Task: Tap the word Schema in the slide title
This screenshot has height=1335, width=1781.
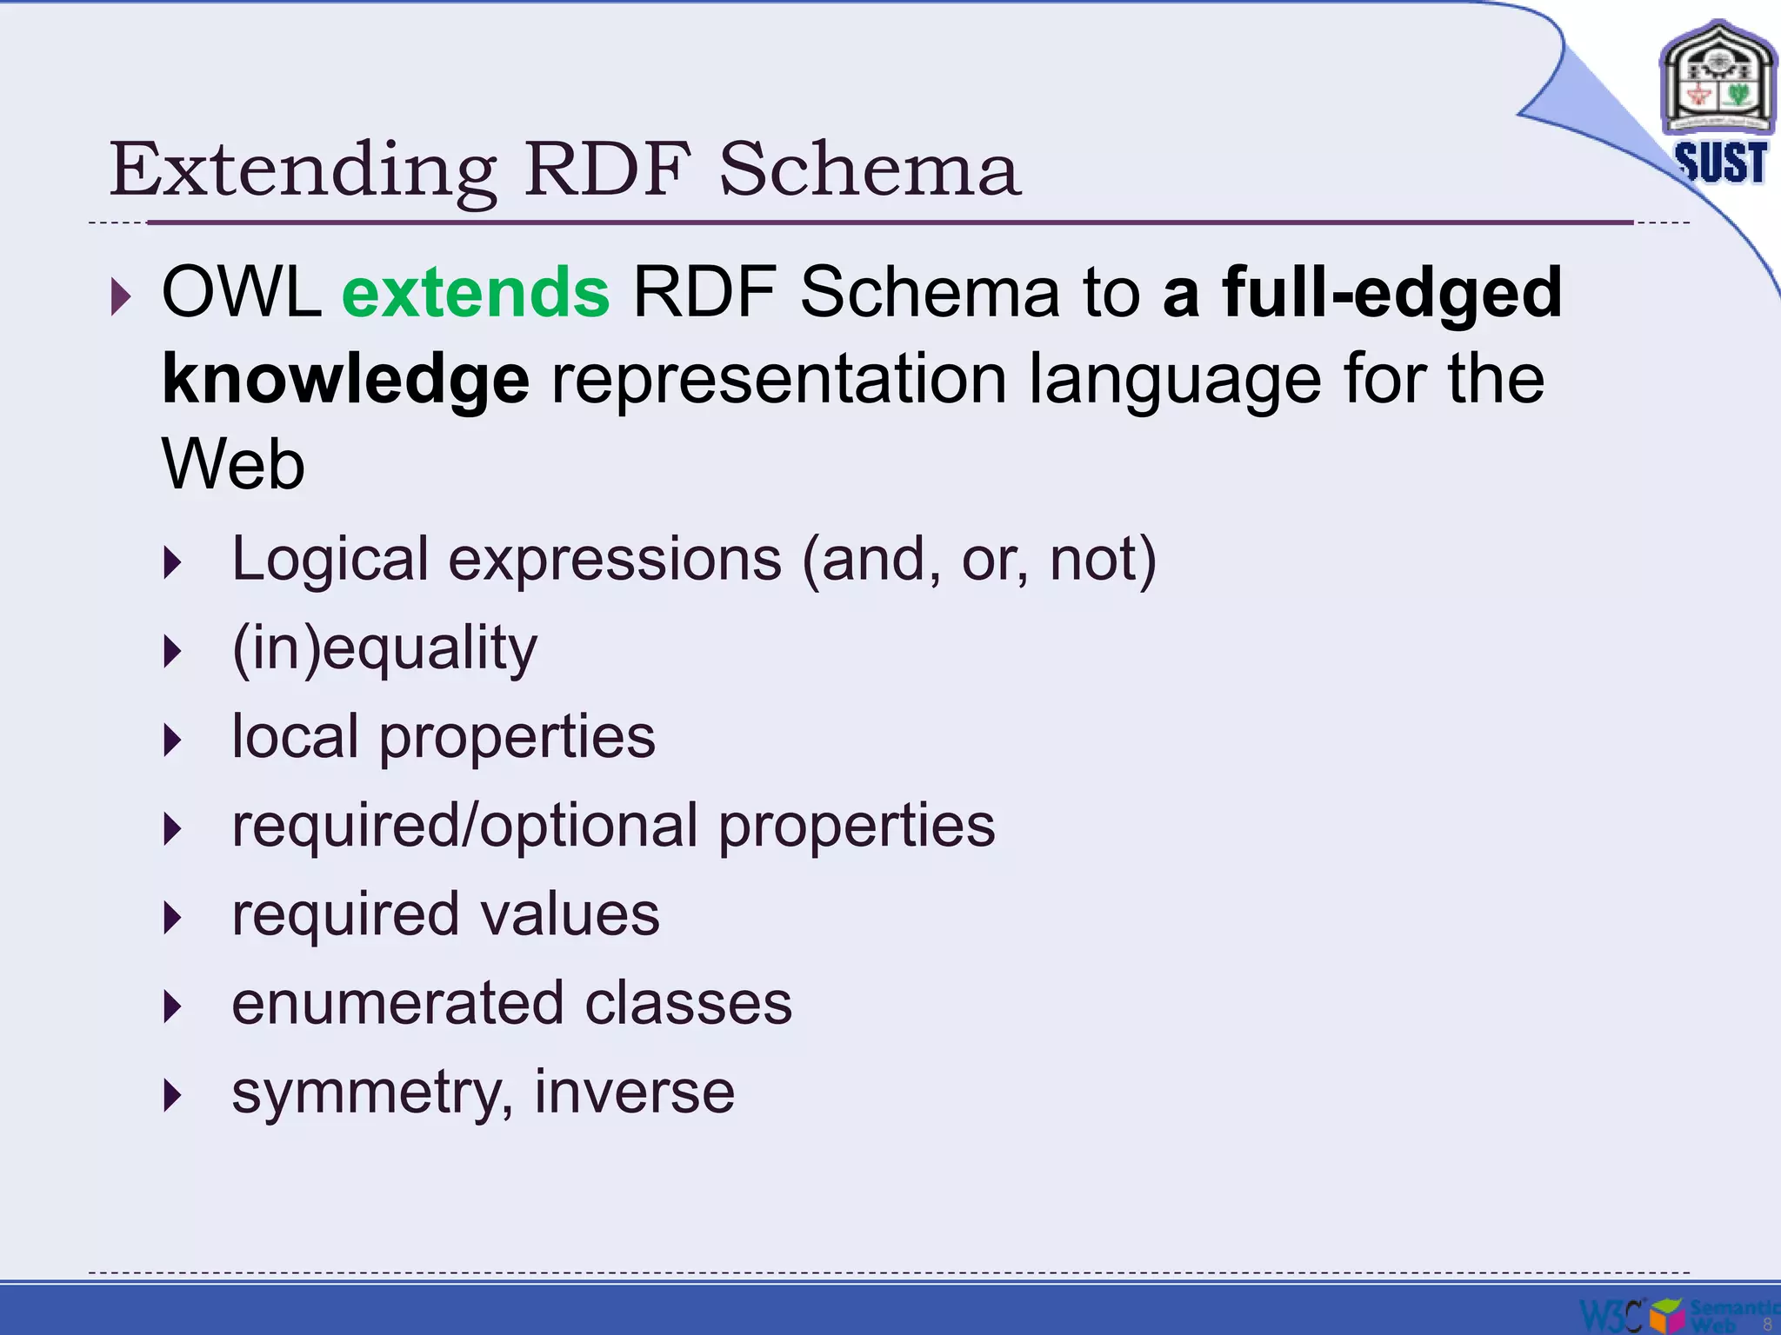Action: (869, 169)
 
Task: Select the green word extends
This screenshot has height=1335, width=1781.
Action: (476, 292)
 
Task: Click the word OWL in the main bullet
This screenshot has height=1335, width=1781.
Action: (241, 292)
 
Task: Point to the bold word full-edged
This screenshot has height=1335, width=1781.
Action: (1392, 292)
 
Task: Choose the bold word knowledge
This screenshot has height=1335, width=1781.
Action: (345, 379)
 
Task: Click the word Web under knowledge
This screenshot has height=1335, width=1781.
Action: (233, 465)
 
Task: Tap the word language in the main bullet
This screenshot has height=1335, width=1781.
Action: (1175, 379)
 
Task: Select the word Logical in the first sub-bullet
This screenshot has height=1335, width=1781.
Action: (330, 559)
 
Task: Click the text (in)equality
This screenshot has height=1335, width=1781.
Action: (384, 648)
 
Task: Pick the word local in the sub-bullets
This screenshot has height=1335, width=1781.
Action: (294, 736)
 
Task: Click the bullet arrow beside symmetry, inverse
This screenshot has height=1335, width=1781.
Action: (173, 1096)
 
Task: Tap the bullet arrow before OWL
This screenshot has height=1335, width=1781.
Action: (121, 298)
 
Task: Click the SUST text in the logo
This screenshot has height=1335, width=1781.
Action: (1720, 163)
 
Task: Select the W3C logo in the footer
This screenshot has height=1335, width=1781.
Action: (1611, 1313)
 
